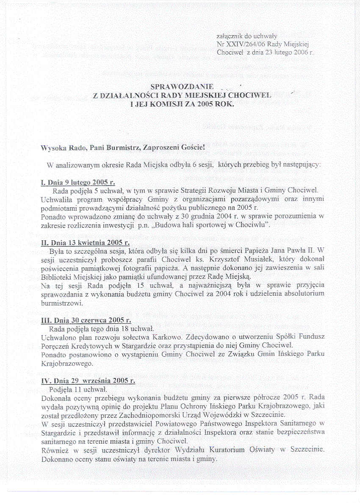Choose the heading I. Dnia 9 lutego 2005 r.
(x=78, y=183)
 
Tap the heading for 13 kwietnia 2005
(x=85, y=243)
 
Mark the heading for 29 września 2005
(x=88, y=381)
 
